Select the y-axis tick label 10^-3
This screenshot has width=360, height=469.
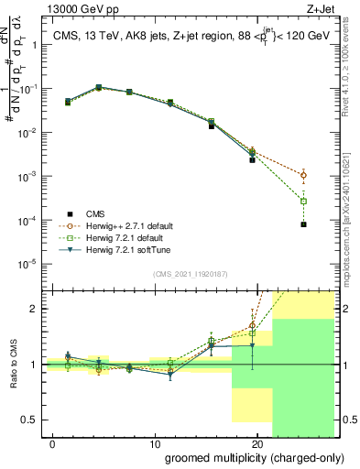[x=27, y=176]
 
